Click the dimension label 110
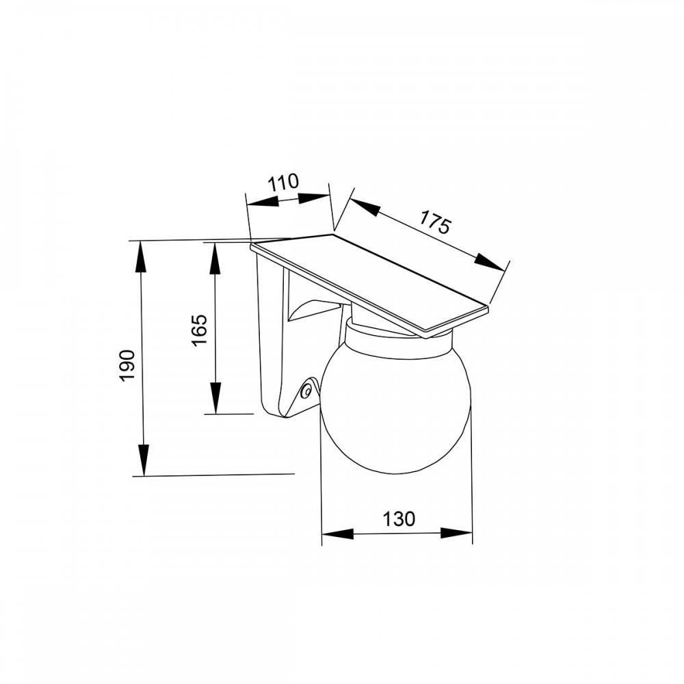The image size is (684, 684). pyautogui.click(x=283, y=183)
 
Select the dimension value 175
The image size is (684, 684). pyautogui.click(x=434, y=222)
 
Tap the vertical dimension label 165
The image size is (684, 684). pyautogui.click(x=200, y=330)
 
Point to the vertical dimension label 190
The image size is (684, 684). pyautogui.click(x=128, y=365)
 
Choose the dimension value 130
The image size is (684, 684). pyautogui.click(x=399, y=519)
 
